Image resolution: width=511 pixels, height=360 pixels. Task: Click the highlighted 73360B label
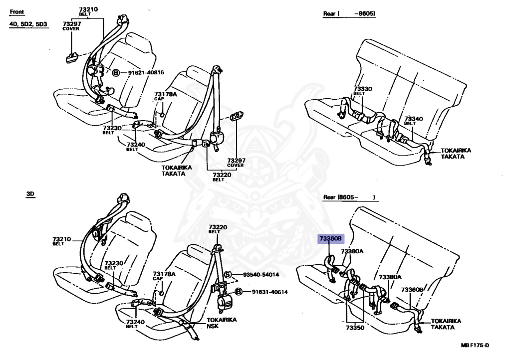coord(330,239)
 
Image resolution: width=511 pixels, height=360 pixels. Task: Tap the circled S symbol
coord(228,275)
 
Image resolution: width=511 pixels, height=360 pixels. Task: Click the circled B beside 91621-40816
coord(116,73)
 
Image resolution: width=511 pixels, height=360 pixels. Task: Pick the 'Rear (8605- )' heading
coord(348,197)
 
